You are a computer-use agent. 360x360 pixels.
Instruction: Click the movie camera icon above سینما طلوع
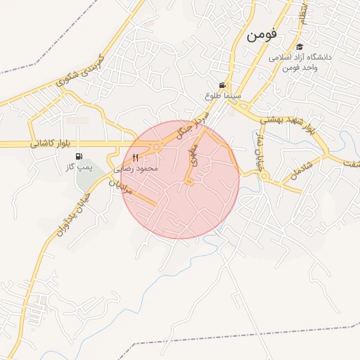click(222, 85)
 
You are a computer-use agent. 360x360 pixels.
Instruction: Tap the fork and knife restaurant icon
click(136, 158)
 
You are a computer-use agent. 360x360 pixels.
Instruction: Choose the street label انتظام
click(302, 15)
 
